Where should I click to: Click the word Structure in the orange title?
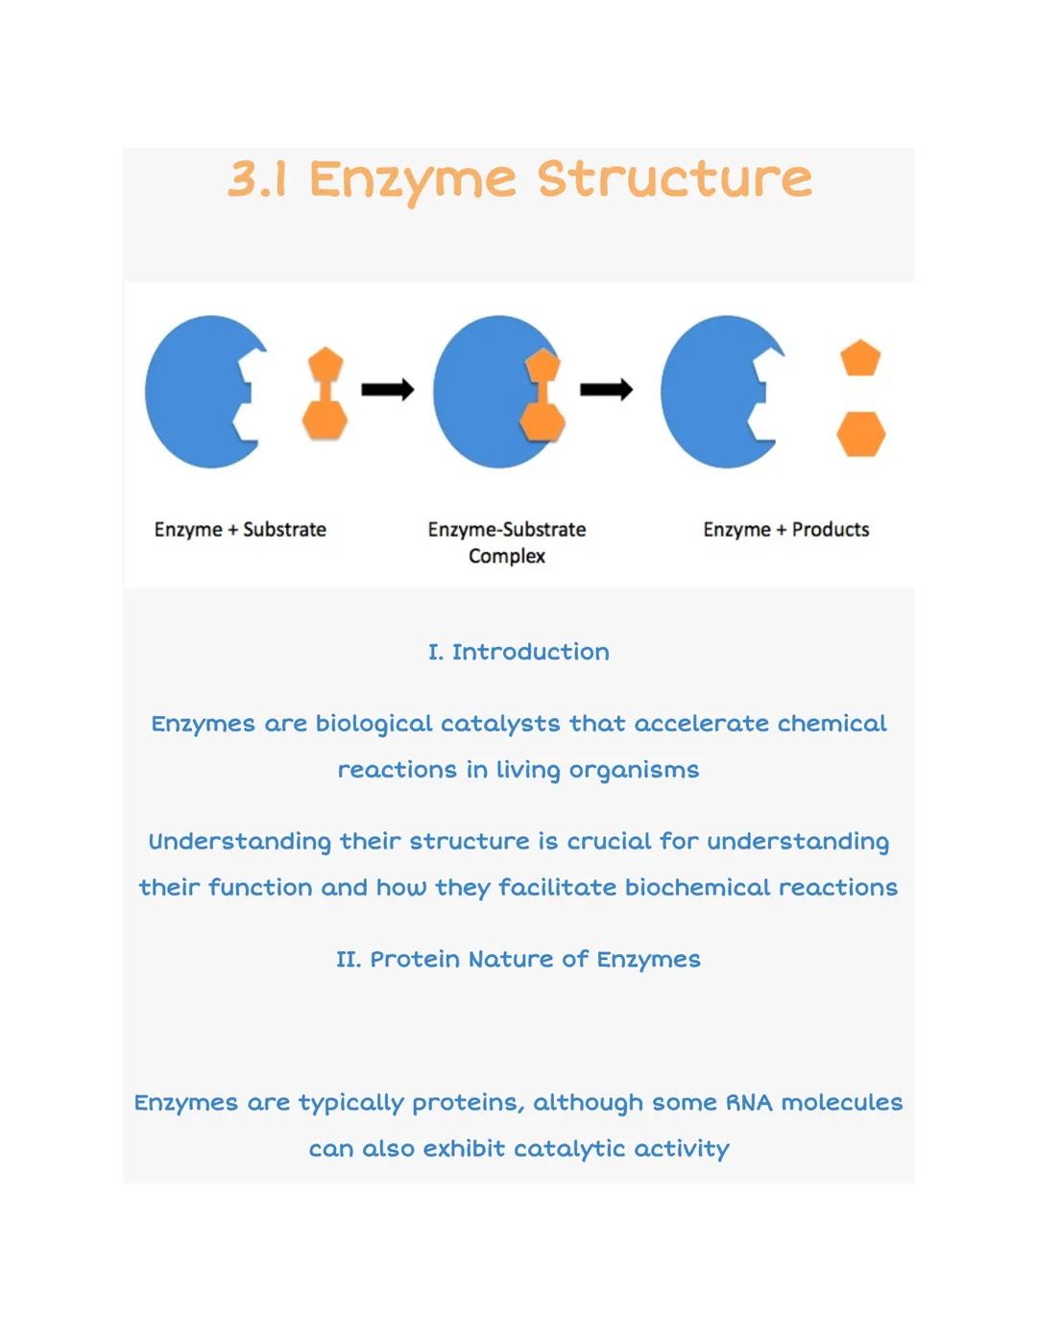(674, 180)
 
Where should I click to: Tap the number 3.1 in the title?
(257, 180)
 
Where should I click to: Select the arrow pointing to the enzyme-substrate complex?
(387, 389)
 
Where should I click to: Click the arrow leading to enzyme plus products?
(606, 389)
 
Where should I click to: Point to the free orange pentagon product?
(860, 358)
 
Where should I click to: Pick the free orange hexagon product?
(860, 434)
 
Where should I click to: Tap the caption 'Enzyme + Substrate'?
(240, 530)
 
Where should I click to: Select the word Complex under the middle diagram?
(507, 557)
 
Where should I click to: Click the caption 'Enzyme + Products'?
(785, 530)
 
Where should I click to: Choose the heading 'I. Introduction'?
(518, 652)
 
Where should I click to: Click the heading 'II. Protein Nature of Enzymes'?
(518, 959)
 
